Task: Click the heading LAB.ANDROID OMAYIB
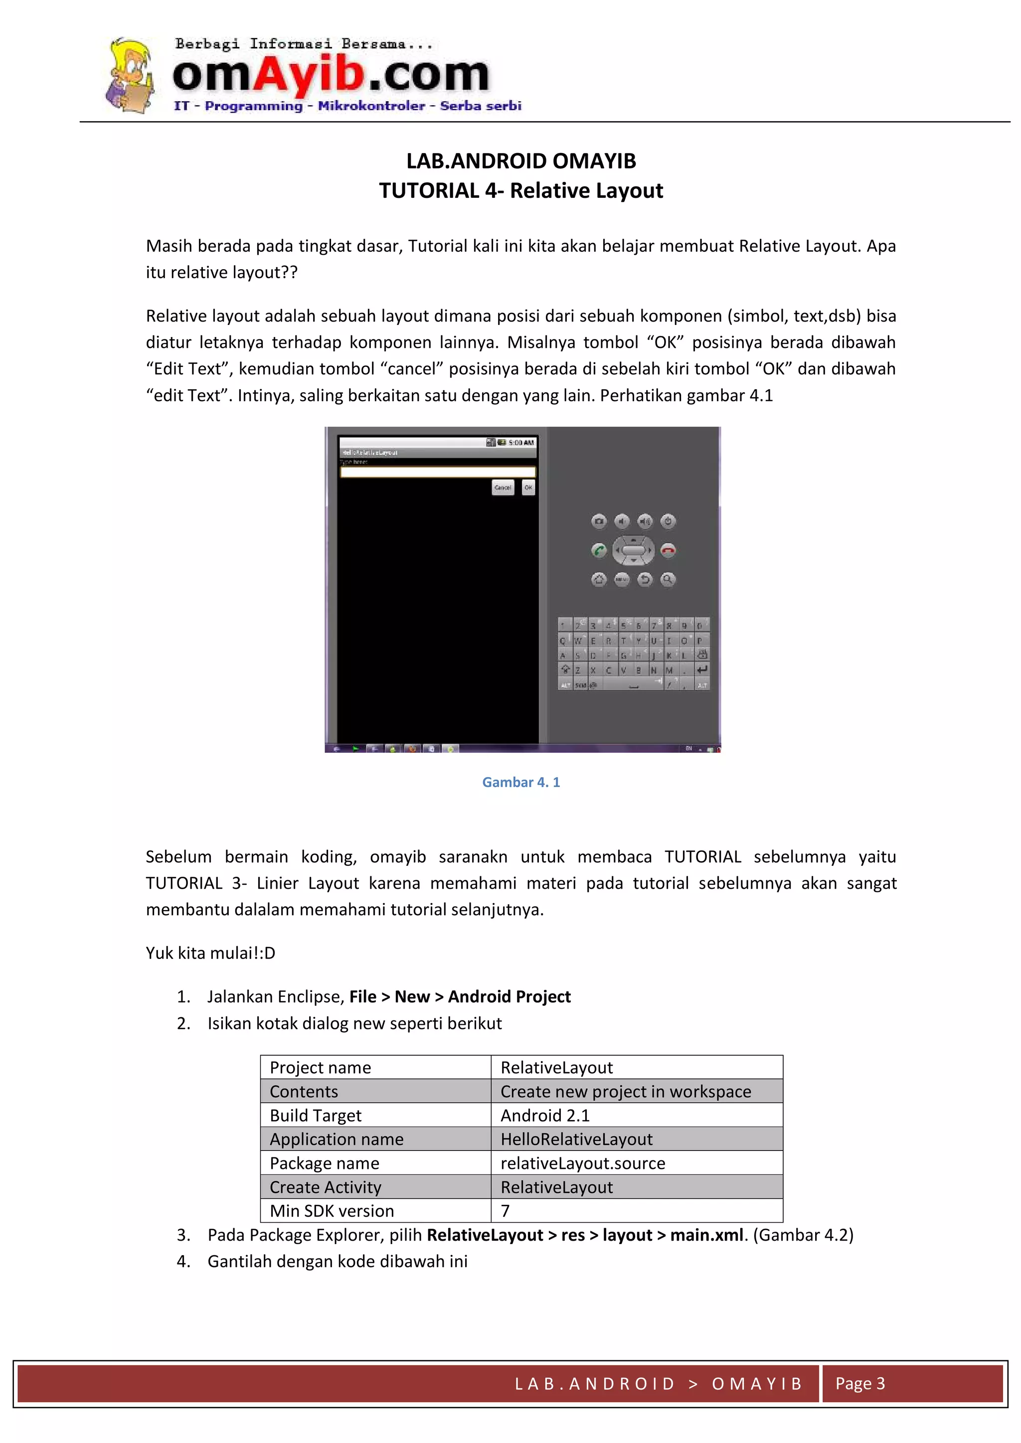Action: coord(520,161)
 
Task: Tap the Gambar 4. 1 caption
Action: coord(520,782)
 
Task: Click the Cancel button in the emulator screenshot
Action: coord(503,487)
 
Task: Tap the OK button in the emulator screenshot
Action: coord(528,487)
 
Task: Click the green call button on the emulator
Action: coord(599,551)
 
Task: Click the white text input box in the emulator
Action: coord(438,472)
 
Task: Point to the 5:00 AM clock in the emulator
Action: coord(520,443)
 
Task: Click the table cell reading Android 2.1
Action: coord(545,1115)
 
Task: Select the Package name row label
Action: coord(325,1163)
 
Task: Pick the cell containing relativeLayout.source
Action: coord(583,1163)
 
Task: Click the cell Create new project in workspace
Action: coord(626,1091)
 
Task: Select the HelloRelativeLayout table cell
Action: coord(576,1139)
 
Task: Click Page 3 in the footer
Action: coord(859,1383)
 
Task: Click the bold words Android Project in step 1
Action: coord(509,996)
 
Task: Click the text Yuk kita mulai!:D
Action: coord(210,953)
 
